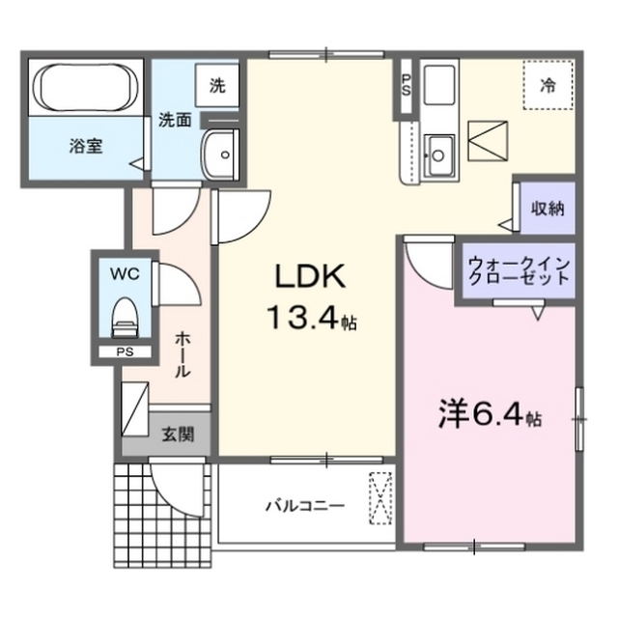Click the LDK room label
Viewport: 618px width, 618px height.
[x=311, y=277]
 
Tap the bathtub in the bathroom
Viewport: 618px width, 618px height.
[x=86, y=88]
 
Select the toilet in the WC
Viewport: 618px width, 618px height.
[x=125, y=318]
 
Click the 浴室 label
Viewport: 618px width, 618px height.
[x=86, y=146]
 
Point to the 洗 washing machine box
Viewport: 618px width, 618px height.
[x=217, y=86]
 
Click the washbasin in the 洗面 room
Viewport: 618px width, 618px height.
[x=220, y=154]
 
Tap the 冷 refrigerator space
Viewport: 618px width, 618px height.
[x=548, y=84]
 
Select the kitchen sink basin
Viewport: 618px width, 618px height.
[x=439, y=155]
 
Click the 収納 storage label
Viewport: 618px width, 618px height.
[x=548, y=209]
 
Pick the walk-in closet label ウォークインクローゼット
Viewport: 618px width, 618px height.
[x=520, y=271]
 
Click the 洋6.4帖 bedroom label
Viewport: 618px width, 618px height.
[x=490, y=415]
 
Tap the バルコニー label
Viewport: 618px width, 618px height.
[x=305, y=505]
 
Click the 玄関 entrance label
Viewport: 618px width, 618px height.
[x=178, y=435]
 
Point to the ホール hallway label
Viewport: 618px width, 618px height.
[x=183, y=354]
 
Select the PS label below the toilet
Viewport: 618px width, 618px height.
[x=125, y=351]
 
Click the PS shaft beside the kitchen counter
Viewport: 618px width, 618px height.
[x=406, y=86]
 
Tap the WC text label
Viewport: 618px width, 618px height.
[x=125, y=273]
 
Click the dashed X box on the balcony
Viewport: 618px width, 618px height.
[x=380, y=498]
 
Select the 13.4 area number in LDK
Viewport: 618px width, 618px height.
[x=302, y=317]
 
